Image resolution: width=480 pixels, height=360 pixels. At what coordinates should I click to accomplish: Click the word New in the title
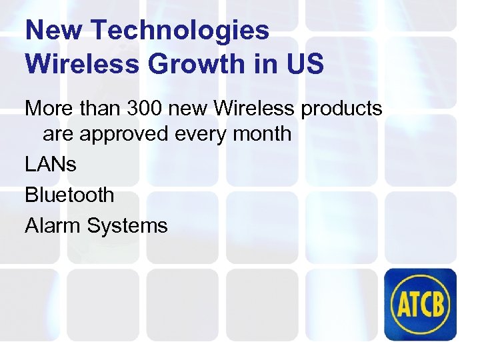(53, 30)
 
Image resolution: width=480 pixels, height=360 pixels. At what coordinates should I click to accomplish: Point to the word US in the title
(305, 64)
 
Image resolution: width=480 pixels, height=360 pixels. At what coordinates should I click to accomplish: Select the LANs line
(51, 164)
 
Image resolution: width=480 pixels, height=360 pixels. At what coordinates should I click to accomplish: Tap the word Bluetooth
(69, 195)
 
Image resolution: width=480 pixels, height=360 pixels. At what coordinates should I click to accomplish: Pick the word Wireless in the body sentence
(258, 107)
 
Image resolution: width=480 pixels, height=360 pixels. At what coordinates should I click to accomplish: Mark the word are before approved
(57, 133)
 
